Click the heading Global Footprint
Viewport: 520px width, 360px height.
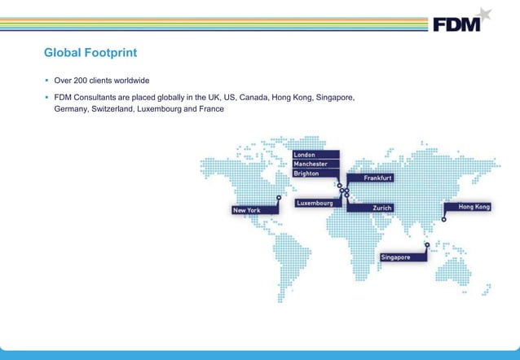(90, 54)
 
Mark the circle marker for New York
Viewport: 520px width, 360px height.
(279, 196)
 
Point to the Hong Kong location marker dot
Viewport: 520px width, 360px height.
(444, 219)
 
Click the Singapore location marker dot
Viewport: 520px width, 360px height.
(427, 244)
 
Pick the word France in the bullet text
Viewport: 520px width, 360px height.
(210, 109)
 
